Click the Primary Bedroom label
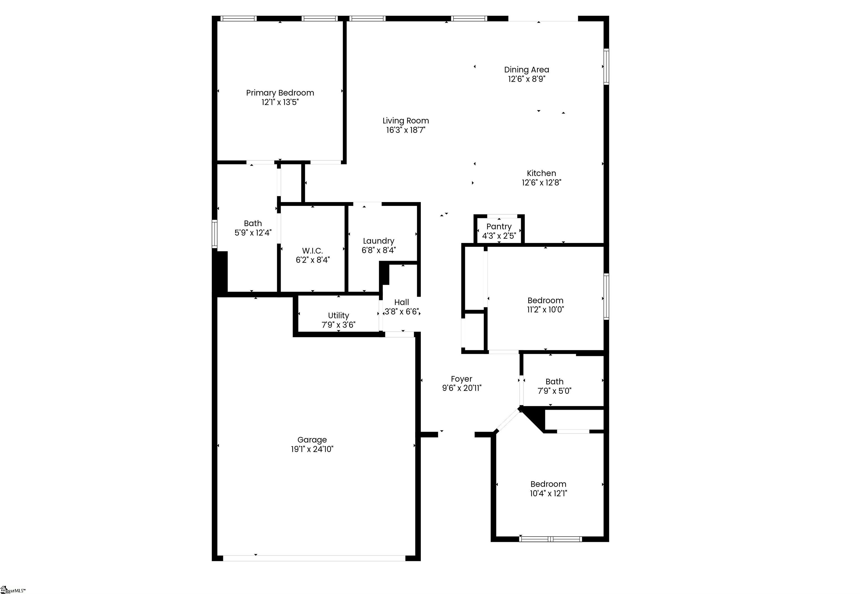click(280, 93)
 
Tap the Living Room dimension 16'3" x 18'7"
click(405, 130)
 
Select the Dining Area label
click(526, 70)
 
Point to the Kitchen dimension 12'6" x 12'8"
click(541, 182)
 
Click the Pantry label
click(499, 226)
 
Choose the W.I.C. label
click(312, 251)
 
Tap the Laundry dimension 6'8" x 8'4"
click(378, 250)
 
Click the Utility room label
click(338, 315)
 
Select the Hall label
click(401, 302)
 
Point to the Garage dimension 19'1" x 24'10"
click(312, 449)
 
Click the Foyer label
click(461, 379)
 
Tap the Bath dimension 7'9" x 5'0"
click(554, 391)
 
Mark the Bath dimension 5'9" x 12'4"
click(253, 233)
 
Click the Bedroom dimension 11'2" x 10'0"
click(545, 310)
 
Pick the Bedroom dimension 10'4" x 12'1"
click(548, 493)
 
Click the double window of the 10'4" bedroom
click(550, 539)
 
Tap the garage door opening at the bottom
click(314, 558)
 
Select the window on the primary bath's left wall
click(215, 234)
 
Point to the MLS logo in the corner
click(13, 590)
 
